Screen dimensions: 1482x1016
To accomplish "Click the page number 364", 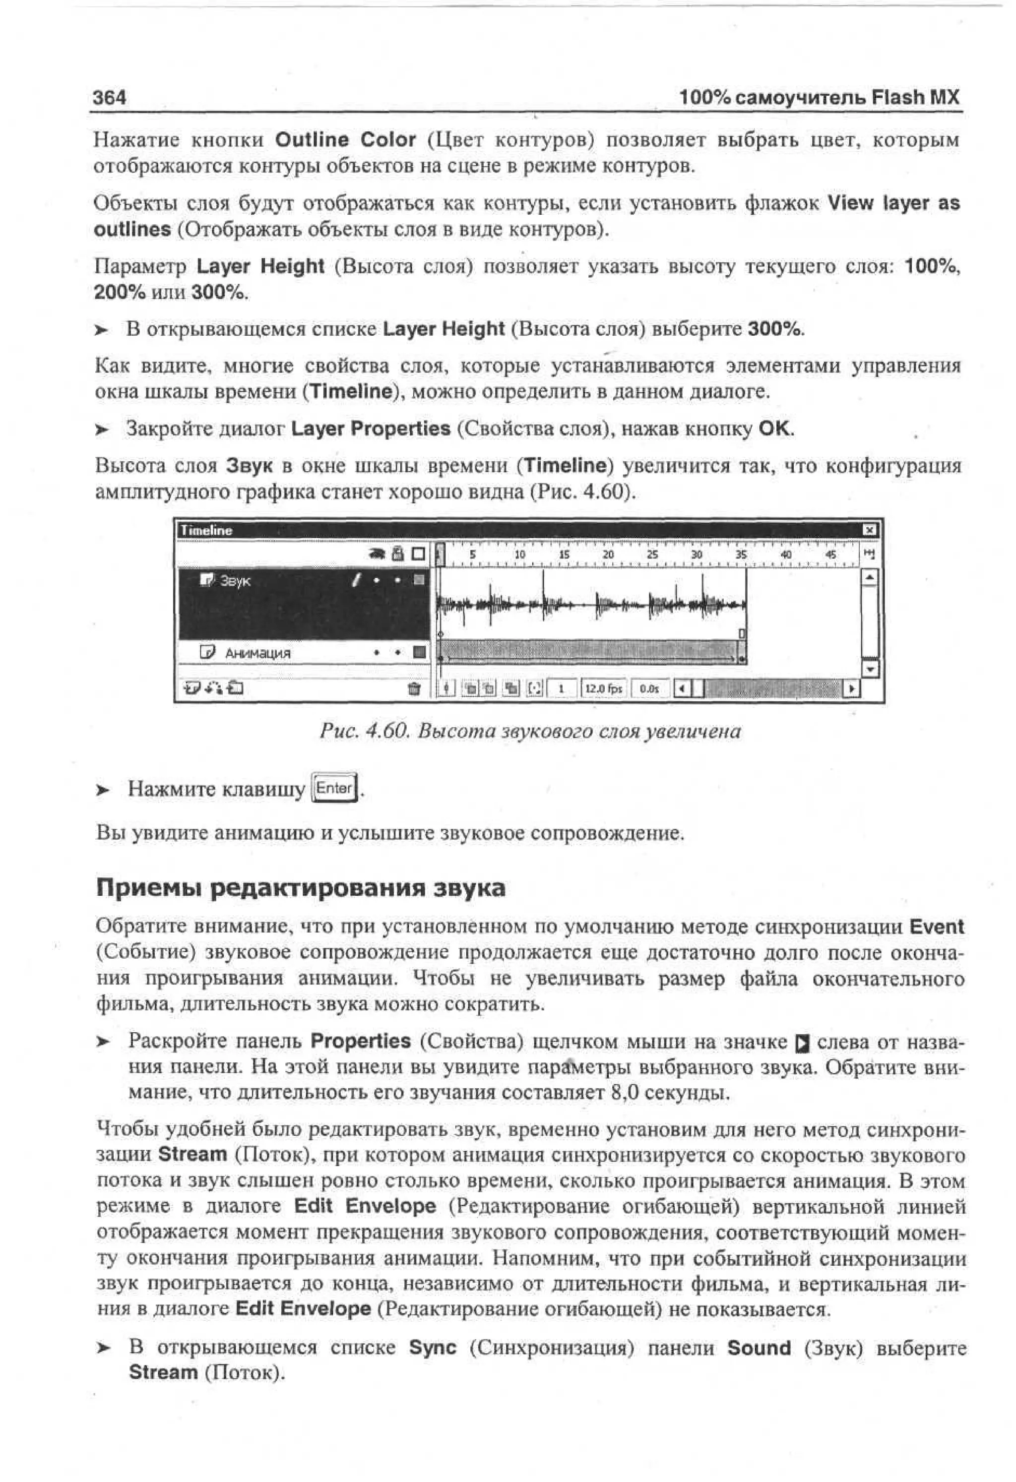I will pyautogui.click(x=109, y=98).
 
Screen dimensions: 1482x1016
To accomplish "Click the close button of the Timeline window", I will pyautogui.click(x=869, y=530).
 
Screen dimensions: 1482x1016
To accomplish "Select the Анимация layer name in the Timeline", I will pyautogui.click(x=257, y=653).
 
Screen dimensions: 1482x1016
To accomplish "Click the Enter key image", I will pyautogui.click(x=333, y=788).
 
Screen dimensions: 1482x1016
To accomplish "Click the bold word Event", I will pyautogui.click(x=936, y=926).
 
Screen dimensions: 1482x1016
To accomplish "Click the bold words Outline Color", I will pyautogui.click(x=345, y=140).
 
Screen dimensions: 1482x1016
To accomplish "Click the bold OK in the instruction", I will pyautogui.click(x=774, y=428).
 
